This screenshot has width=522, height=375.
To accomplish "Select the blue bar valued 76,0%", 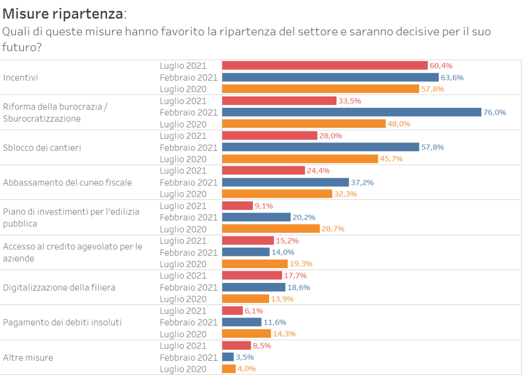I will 352,112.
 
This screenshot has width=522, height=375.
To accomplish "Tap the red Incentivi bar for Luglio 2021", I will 325,66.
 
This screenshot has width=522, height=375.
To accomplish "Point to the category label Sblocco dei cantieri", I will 42,148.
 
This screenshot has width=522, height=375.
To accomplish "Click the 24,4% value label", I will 318,170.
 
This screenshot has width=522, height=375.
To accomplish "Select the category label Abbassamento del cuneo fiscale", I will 67,182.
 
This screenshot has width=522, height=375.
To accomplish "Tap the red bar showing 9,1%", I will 238,206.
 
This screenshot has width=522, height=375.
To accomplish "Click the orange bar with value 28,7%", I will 271,228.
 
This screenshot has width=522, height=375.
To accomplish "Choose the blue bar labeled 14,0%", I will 246,252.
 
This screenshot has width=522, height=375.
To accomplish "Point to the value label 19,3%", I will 301,264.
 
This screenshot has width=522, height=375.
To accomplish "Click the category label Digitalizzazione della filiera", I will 59,287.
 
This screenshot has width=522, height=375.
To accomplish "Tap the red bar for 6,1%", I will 232,310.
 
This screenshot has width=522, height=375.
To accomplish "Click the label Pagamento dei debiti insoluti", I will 62,322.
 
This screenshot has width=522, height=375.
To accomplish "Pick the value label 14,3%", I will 284,334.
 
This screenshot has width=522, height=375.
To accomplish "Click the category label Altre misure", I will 28,357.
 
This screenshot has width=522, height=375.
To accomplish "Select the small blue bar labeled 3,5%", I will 228,357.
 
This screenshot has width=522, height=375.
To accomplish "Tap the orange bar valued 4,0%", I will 229,368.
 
